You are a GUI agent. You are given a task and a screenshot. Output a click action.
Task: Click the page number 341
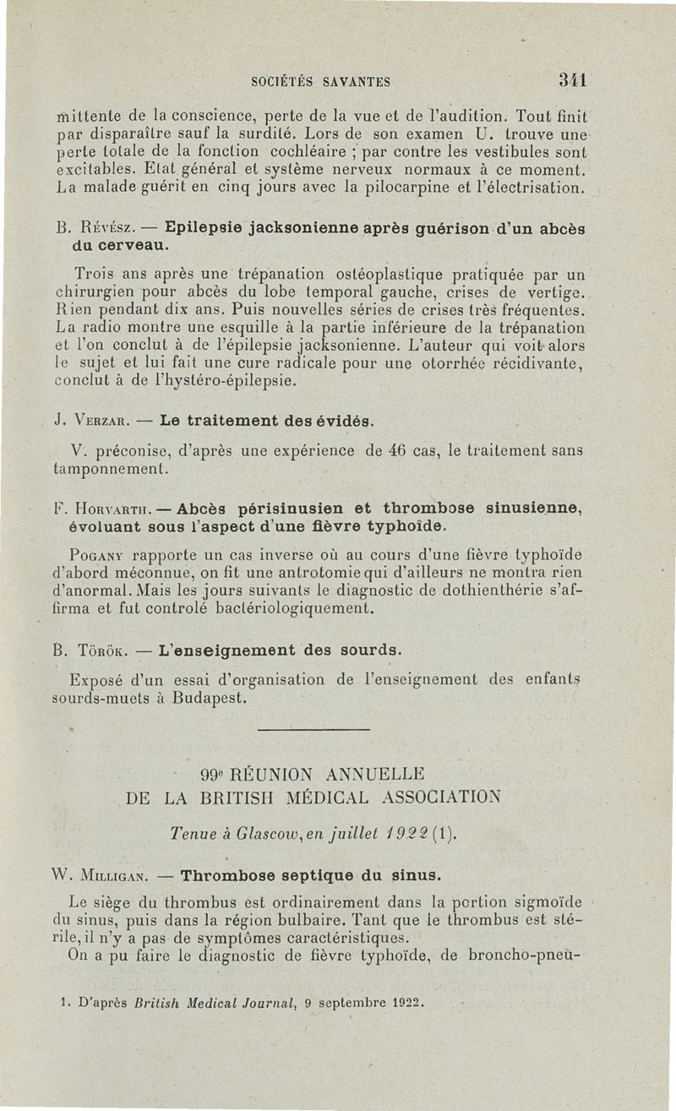point(572,81)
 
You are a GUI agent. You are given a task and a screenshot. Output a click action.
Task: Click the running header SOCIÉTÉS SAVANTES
point(320,82)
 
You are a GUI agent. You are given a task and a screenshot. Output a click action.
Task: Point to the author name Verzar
point(106,420)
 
